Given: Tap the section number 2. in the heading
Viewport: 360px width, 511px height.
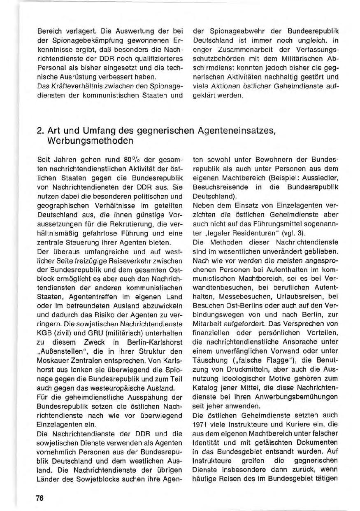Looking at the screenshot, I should (40, 130).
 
